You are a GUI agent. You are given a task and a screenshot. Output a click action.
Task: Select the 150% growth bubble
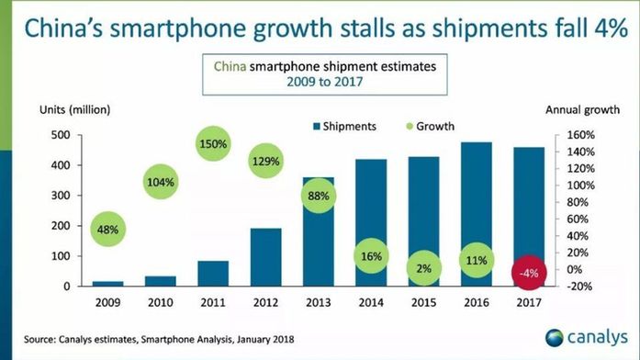tap(213, 143)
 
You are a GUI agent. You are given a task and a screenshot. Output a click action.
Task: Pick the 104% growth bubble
tap(161, 182)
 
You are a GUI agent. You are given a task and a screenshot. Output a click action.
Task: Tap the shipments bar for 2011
tap(213, 273)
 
